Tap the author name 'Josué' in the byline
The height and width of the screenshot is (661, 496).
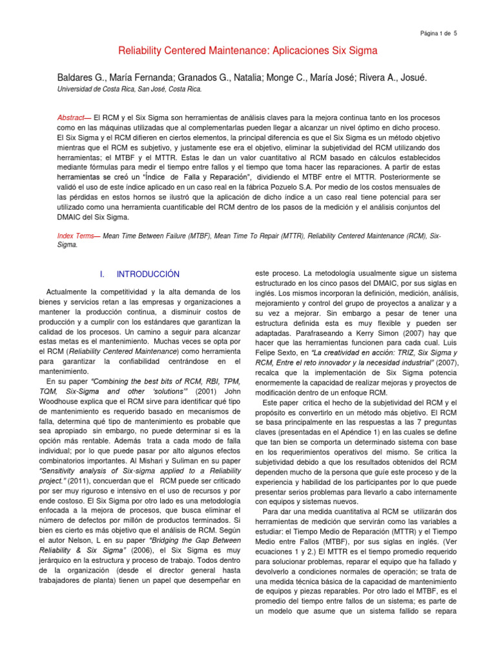[x=413, y=78]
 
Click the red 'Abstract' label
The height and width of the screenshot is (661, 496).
[x=71, y=118]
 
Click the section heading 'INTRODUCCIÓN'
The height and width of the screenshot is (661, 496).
[x=153, y=275]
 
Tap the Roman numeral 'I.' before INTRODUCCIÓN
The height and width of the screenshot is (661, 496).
[x=103, y=275]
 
